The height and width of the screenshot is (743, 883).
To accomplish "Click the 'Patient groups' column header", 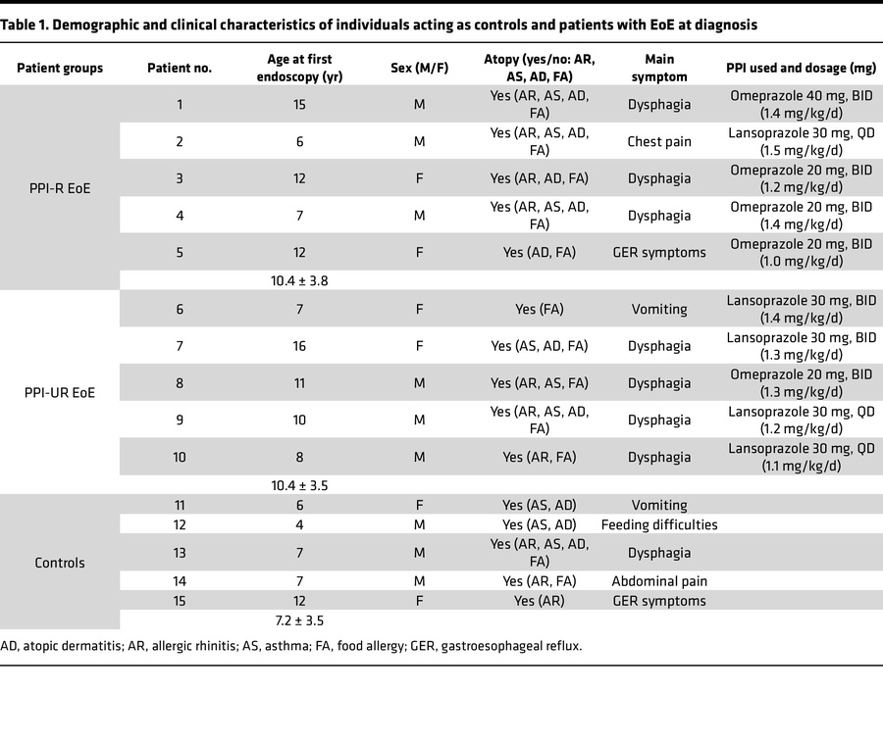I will coord(60,68).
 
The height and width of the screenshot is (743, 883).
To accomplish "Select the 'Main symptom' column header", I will coord(658,68).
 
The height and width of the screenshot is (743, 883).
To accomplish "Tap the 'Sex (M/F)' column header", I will coord(419,68).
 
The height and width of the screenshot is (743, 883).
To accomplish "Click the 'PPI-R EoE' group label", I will coord(60,188).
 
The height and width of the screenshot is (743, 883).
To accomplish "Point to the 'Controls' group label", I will coord(60,563).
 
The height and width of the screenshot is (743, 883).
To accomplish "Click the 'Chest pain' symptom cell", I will coord(659,141).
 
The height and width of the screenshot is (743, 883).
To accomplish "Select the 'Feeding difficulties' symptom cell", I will coord(659,524).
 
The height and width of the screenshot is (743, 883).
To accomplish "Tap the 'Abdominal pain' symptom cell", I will coord(659,581).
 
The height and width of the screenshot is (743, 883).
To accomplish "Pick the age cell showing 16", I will coord(299,346).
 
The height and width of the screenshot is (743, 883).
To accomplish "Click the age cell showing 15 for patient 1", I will coord(299,104).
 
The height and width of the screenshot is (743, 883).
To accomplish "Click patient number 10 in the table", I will coord(179,457).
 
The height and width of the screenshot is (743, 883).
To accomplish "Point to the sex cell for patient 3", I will coord(419,178).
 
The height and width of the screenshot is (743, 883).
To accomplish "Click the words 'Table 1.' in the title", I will coord(28,24).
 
